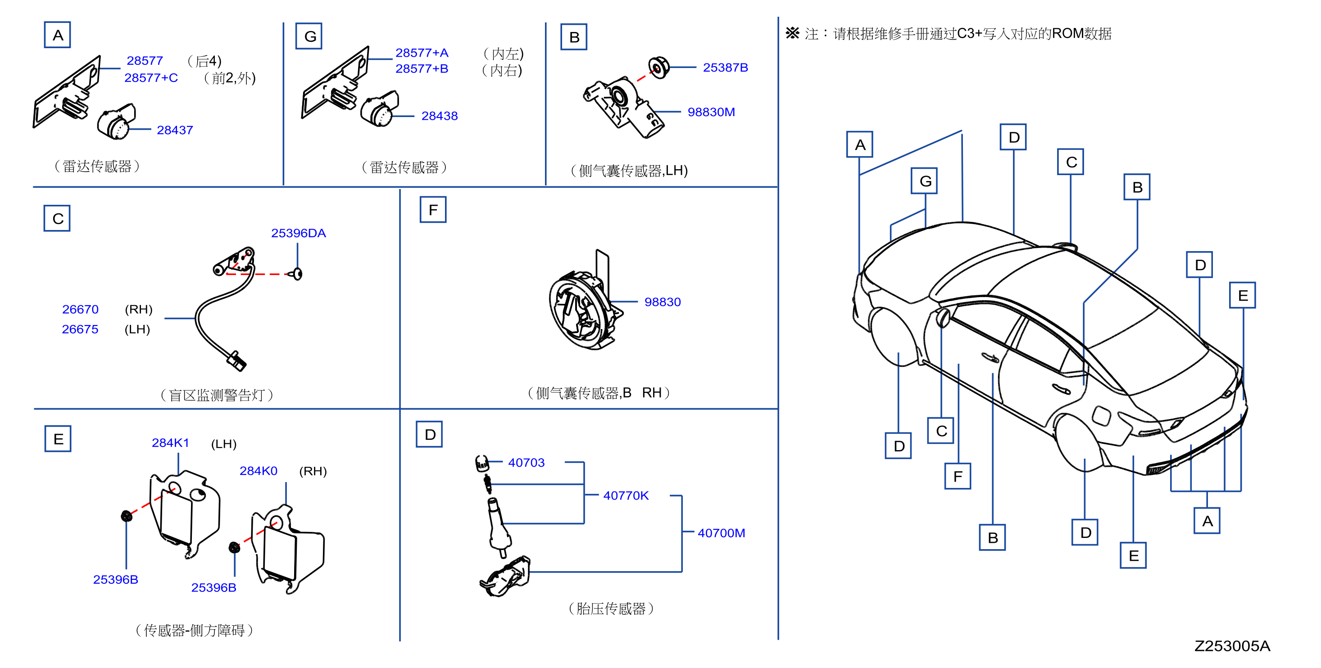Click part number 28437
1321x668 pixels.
[x=175, y=130]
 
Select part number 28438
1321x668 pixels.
[x=440, y=116]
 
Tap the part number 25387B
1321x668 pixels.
[x=725, y=68]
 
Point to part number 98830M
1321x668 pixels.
[x=711, y=112]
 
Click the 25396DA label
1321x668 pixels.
[x=299, y=233]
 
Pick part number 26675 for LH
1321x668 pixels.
[x=80, y=329]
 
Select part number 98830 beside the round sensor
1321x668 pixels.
[x=663, y=302]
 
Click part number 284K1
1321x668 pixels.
[x=170, y=442]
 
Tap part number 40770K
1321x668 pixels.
[x=626, y=496]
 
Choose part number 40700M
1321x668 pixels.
[x=721, y=533]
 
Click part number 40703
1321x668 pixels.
[x=526, y=462]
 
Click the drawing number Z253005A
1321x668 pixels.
[x=1232, y=646]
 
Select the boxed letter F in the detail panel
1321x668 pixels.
[x=433, y=210]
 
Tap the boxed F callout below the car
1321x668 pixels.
[x=958, y=476]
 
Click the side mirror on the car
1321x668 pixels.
[x=943, y=318]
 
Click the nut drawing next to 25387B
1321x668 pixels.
[x=658, y=68]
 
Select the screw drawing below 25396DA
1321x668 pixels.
[x=297, y=274]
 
